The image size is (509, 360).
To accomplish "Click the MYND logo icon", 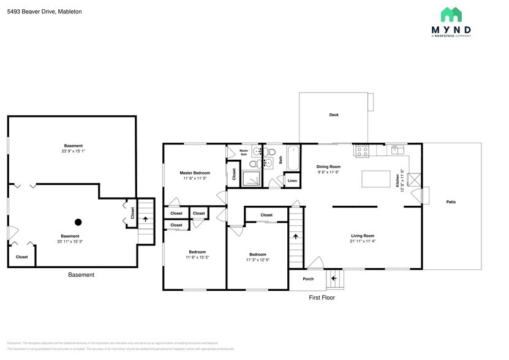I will tap(451, 15).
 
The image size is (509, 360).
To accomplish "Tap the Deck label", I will tap(334, 114).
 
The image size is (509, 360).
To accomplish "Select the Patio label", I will tap(451, 202).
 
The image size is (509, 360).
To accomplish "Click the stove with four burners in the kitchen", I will tap(362, 149).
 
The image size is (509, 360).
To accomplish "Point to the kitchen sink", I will tap(396, 148).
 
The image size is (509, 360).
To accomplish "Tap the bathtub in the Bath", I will tap(293, 159).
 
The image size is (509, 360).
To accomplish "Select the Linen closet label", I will tap(292, 181).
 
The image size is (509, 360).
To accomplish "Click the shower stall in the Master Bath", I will tap(251, 178).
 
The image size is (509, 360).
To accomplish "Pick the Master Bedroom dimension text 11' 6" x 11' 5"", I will tap(195, 178).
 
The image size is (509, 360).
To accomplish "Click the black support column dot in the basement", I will tap(78, 222).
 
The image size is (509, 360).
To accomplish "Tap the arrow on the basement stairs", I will tap(145, 217).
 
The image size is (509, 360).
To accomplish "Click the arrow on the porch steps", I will tap(334, 279).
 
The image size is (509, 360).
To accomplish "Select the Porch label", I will tap(308, 279).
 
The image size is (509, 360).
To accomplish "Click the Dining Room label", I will tap(328, 167).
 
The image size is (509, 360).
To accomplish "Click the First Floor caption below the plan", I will tap(321, 298).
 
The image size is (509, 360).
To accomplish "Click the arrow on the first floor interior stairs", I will tap(296, 235).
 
